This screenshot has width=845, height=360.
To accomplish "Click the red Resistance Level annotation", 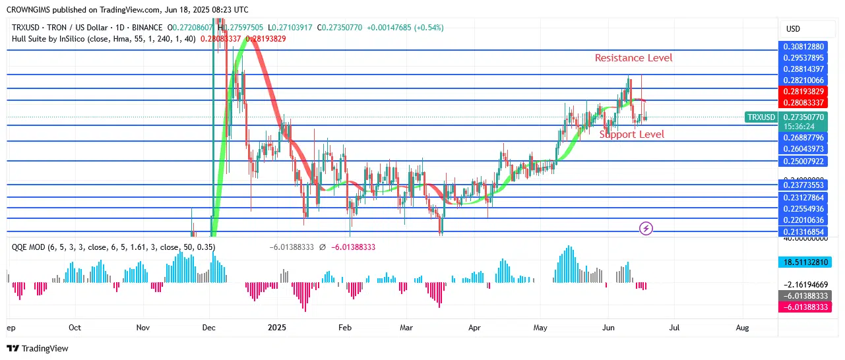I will pos(633,58).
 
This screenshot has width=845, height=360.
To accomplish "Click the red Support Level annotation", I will pos(631,135).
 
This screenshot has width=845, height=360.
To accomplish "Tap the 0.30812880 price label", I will pos(803,47).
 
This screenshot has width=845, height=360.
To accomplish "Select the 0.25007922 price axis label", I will pos(803,162).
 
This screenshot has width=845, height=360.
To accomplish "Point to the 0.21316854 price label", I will pos(803,232).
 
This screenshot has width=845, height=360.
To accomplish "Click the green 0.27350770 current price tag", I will pos(803,117).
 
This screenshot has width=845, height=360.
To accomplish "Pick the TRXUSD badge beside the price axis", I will pos(761,117).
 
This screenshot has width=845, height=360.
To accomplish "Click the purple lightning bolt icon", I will pos(646,229).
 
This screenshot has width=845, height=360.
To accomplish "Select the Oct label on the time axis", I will pos(75,327).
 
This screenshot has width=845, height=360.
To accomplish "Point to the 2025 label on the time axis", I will pos(277,327).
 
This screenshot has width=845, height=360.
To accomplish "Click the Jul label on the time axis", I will pos(674,327).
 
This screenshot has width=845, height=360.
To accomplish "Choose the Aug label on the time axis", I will pos(742,327).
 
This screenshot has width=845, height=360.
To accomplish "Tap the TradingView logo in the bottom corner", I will pos(38,348).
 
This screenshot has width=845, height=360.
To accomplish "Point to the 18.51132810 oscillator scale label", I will pos(803,262).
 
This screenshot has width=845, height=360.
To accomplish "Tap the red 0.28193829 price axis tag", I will pos(803,91).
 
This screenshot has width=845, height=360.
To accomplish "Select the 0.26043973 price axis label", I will pos(803,149).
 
